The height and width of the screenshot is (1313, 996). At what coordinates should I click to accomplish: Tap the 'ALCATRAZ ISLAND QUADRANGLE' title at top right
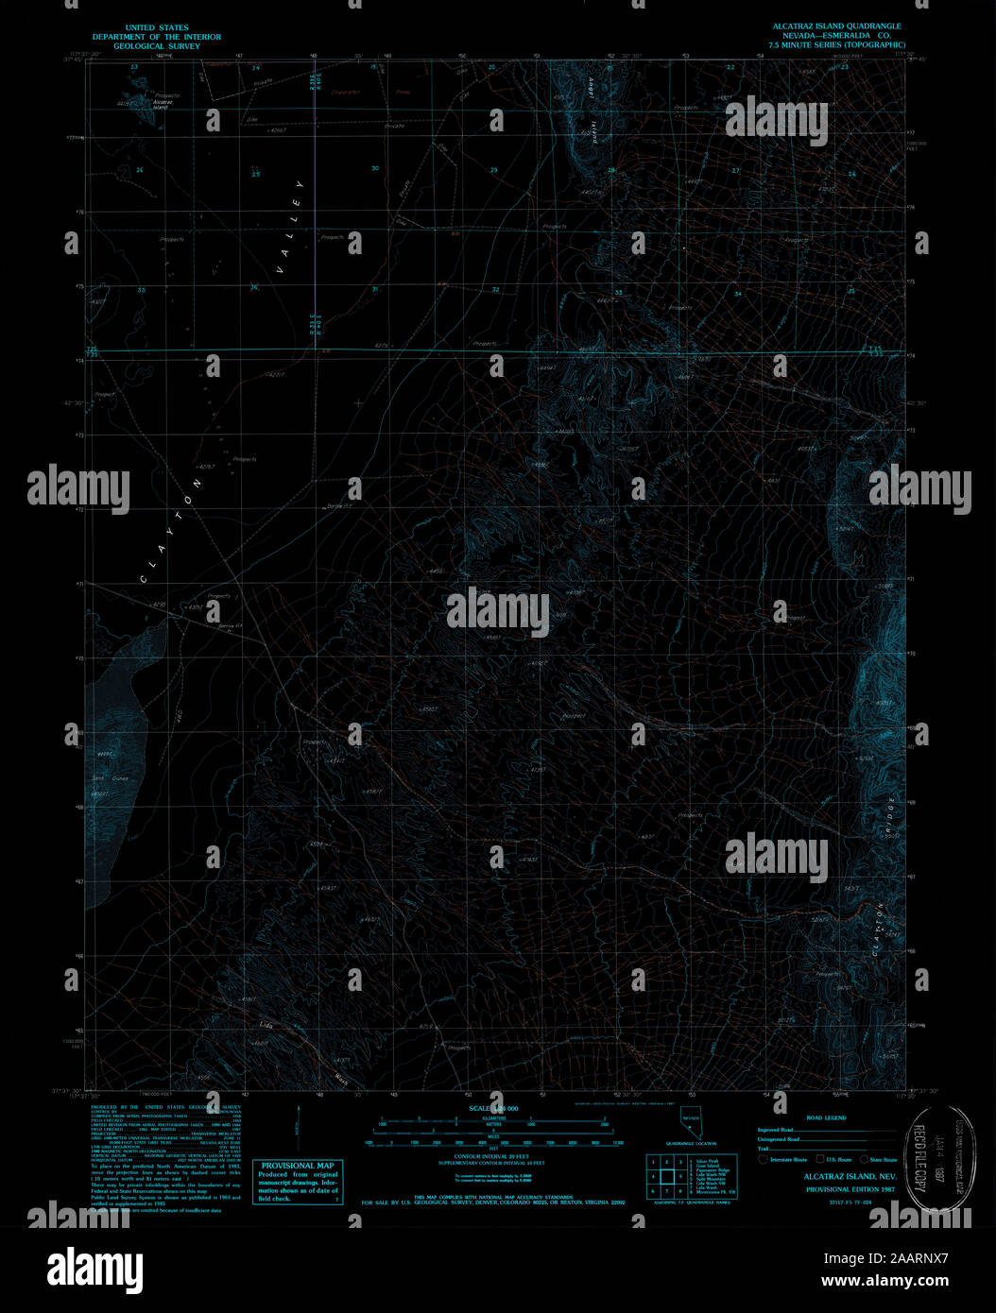(x=834, y=26)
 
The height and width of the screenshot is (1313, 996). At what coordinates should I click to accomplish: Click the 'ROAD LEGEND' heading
(x=827, y=1117)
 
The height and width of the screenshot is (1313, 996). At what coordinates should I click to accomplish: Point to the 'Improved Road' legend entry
(x=775, y=1130)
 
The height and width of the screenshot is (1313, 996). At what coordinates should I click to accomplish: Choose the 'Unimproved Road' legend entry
(x=779, y=1139)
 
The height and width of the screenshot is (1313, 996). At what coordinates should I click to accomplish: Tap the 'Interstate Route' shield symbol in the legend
(x=764, y=1159)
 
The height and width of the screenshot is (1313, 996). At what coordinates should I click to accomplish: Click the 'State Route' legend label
(x=884, y=1159)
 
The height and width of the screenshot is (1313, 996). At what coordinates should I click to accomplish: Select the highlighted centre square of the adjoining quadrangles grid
(x=666, y=1177)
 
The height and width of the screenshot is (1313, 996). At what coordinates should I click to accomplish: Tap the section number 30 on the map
(x=375, y=169)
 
